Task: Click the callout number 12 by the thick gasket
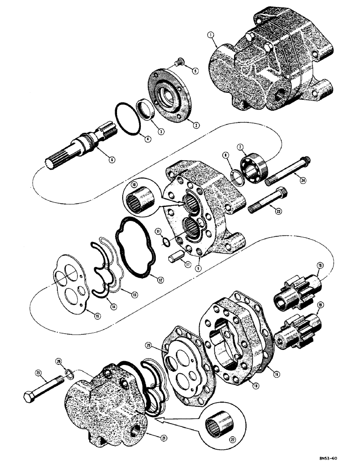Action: point(160,280)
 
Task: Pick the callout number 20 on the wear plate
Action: point(161,345)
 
